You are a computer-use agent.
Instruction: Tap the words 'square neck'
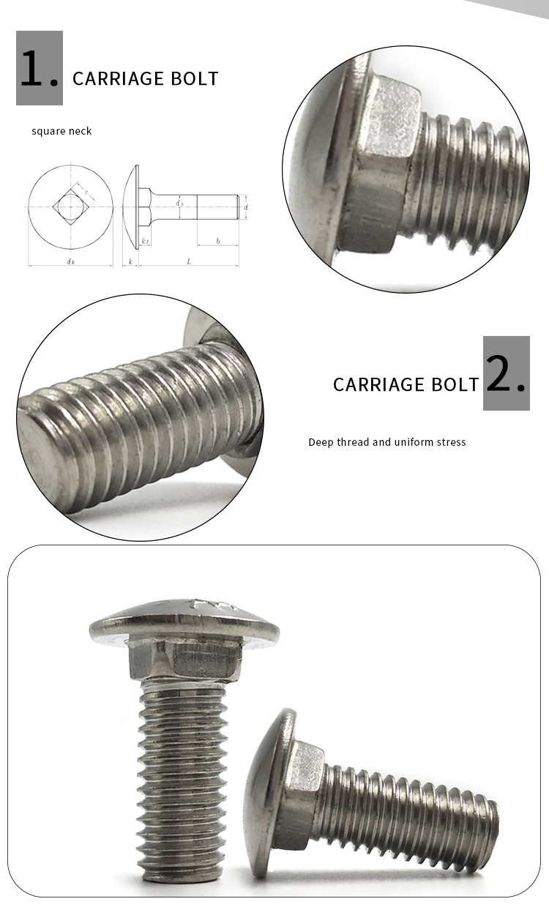pos(61,131)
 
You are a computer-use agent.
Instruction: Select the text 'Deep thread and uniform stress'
pos(386,442)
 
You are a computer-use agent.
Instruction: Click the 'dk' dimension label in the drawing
pos(70,261)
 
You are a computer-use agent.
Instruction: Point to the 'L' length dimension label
pos(189,261)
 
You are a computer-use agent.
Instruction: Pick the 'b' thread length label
pos(217,241)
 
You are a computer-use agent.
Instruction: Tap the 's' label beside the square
pos(85,193)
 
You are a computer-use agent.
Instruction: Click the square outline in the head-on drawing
pos(70,207)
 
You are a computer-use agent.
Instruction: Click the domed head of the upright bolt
pos(183,619)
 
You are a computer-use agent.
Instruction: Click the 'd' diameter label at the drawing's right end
pos(246,207)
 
